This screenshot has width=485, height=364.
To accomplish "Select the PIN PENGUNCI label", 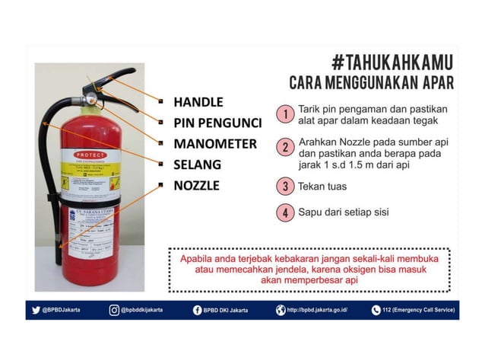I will point(217,123).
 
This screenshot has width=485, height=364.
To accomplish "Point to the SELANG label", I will point(197,164).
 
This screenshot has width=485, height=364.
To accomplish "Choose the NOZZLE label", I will point(196,185).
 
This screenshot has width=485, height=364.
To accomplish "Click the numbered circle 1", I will point(284,114).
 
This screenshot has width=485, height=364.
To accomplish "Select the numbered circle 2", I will point(284,148).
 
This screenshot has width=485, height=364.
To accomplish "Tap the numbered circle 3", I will point(284,185).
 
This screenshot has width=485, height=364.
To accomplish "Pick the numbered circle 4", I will point(284,212).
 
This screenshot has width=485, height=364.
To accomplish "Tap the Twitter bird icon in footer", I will point(35,310).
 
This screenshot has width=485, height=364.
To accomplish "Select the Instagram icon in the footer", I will point(114,310).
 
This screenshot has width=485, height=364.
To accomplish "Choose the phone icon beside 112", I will point(376,310).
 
